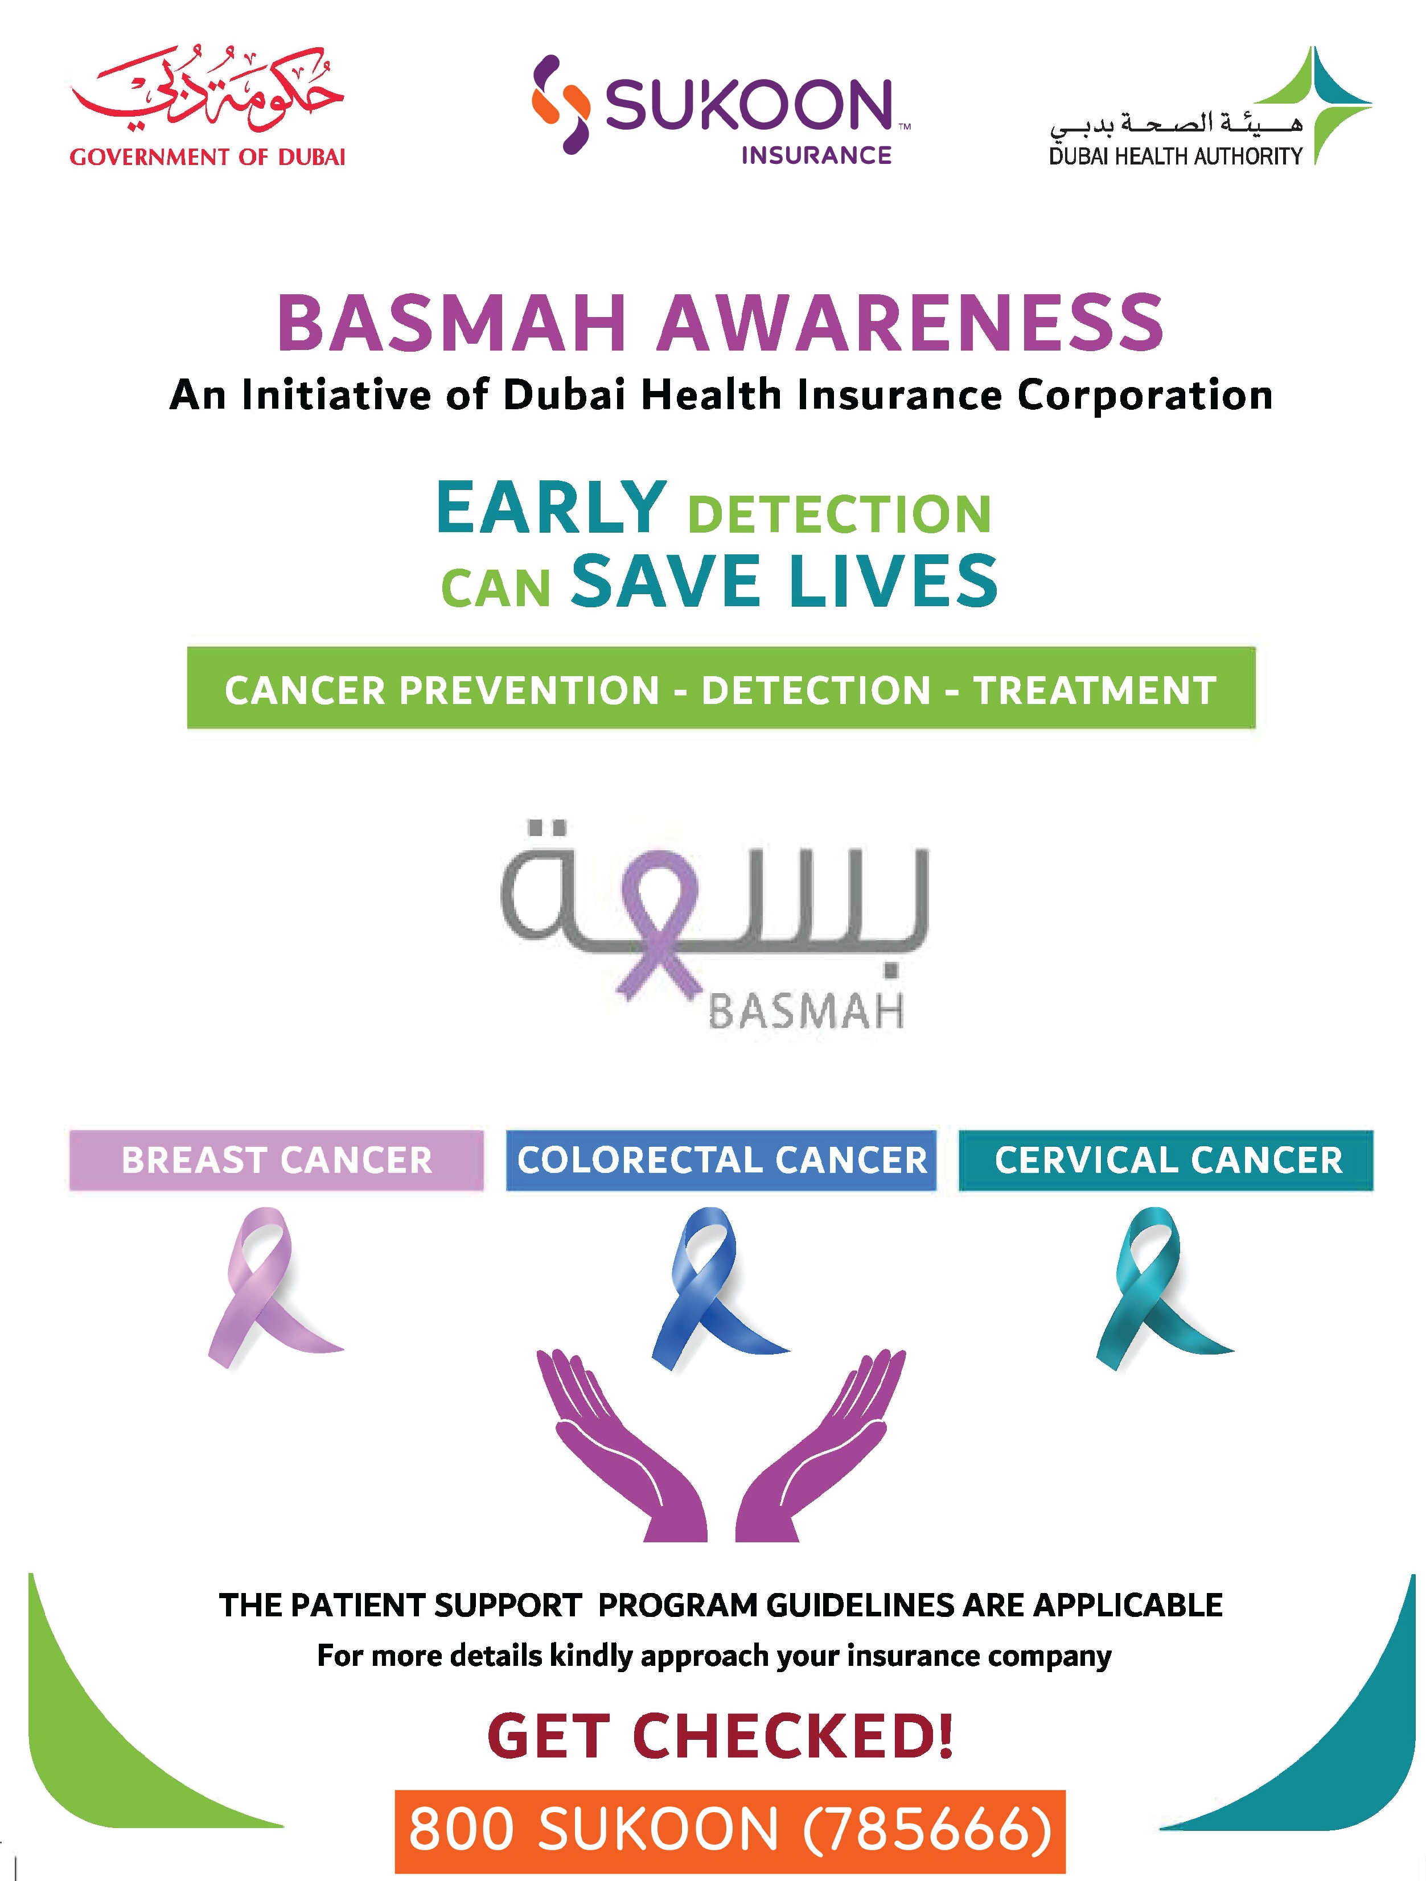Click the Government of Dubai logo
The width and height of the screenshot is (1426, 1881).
coord(207,107)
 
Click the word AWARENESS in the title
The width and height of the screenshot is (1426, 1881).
coord(909,323)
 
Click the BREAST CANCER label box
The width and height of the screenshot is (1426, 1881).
coord(276,1160)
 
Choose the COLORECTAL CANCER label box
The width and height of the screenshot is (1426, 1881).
coord(721,1160)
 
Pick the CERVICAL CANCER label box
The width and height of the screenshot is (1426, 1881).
coord(1166,1160)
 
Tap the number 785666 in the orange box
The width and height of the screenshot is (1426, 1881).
coord(927,1828)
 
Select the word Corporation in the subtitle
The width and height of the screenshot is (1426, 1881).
coord(1145,396)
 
